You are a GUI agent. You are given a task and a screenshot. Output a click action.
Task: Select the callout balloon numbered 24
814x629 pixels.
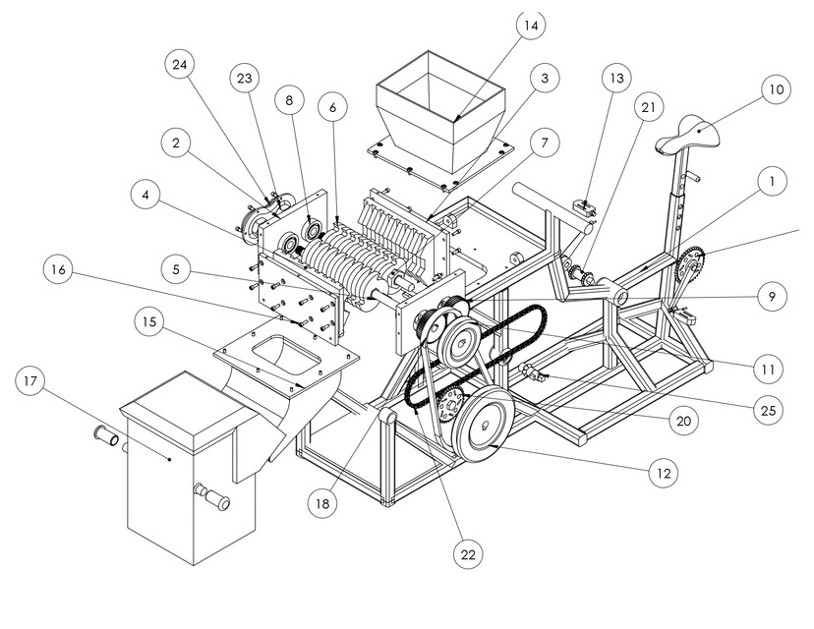point(181,65)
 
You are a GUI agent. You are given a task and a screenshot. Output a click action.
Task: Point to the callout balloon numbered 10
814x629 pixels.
point(774,90)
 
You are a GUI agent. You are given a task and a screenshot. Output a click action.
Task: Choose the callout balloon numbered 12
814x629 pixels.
point(664,474)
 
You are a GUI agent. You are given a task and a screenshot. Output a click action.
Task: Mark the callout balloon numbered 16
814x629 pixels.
point(61,269)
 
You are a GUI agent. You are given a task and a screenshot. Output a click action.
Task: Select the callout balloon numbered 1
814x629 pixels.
point(774,181)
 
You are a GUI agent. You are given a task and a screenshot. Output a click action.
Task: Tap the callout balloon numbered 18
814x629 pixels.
point(323,504)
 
